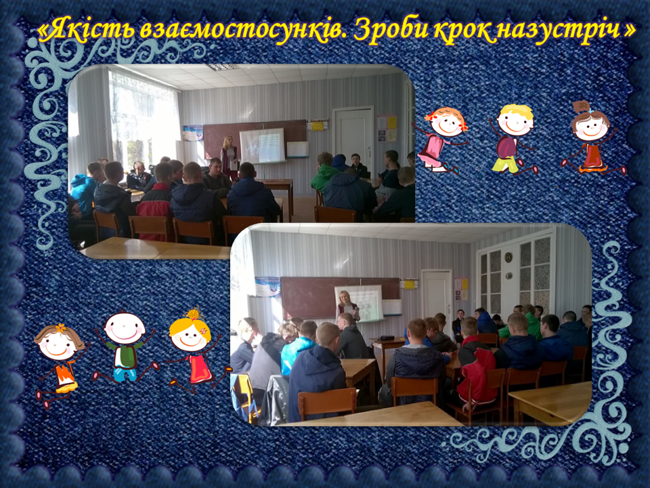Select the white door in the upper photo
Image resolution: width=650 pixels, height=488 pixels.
pyautogui.click(x=353, y=138)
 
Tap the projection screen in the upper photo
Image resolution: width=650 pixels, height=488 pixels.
pyautogui.click(x=263, y=145)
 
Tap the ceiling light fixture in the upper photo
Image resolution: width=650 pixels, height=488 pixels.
pyautogui.click(x=223, y=67)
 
